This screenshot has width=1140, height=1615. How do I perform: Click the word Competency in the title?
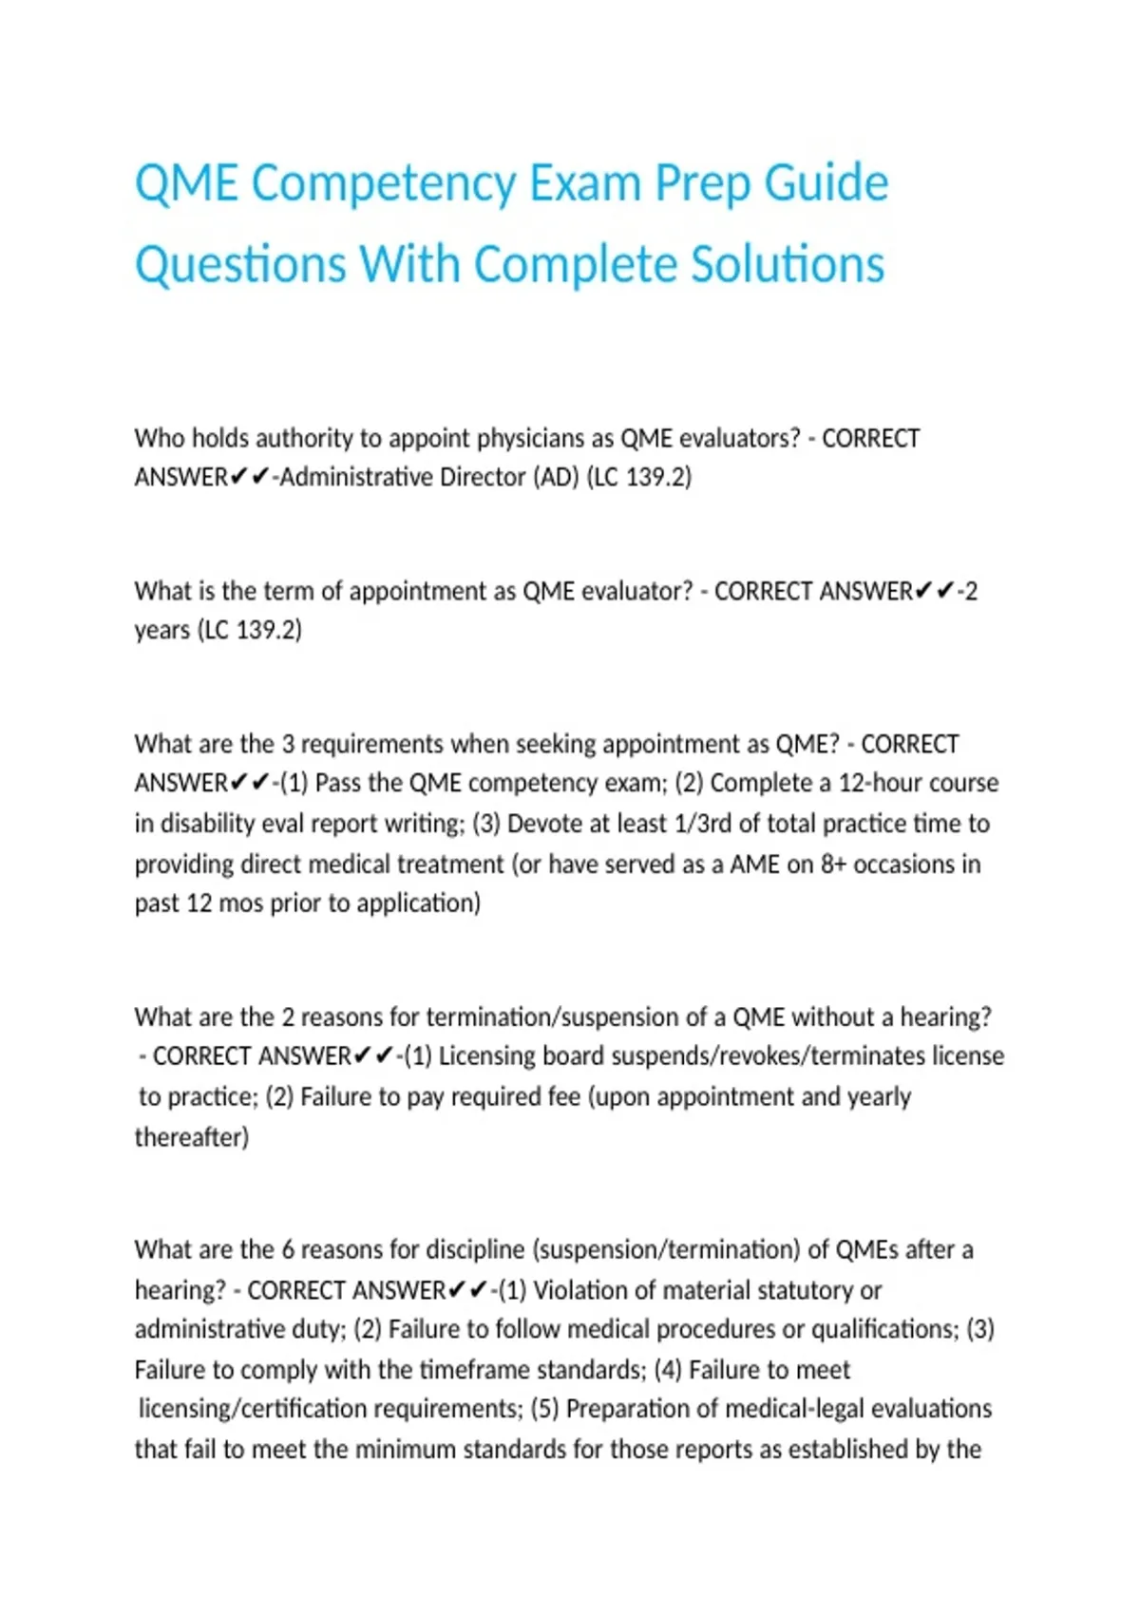point(383,182)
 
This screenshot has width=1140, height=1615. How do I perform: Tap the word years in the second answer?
point(162,630)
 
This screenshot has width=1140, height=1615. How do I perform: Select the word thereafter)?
point(192,1137)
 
